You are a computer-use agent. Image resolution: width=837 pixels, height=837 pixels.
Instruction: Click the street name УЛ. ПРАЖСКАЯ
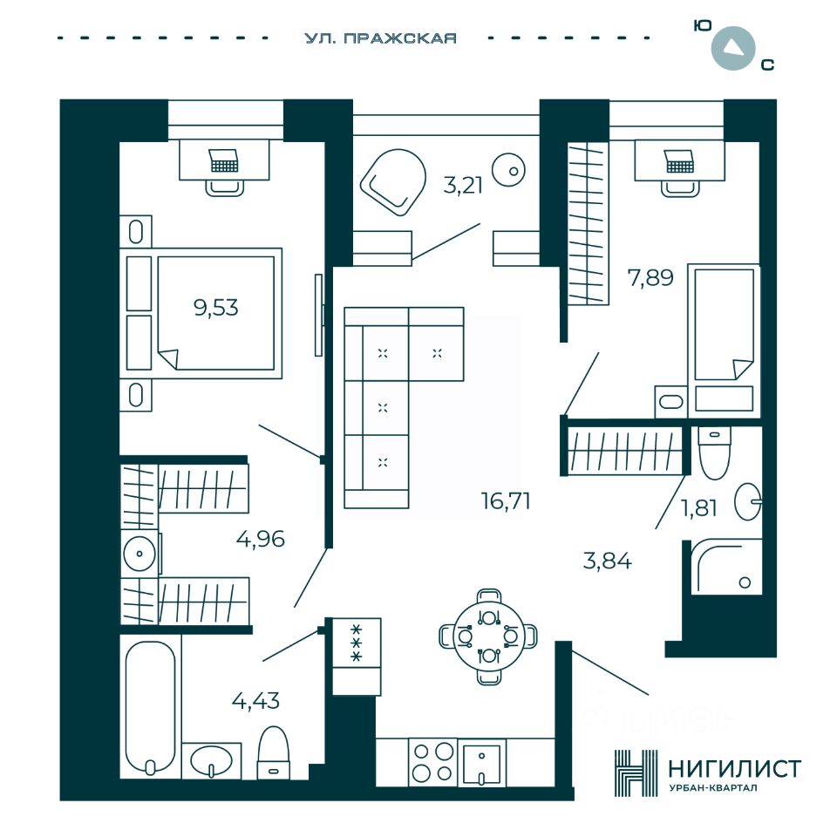381,38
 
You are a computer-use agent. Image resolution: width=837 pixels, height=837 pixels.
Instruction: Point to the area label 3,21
463,185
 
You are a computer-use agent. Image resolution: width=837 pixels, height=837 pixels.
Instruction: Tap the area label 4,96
261,538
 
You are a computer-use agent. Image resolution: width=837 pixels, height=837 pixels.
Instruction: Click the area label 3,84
607,560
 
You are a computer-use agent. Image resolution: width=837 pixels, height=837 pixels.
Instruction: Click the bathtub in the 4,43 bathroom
150,706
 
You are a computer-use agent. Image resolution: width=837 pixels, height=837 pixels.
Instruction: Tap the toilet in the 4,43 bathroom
273,752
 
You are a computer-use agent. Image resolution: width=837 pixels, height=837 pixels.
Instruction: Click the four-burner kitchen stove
433,762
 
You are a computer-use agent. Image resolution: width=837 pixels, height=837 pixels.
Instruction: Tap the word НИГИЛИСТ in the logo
733,768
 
